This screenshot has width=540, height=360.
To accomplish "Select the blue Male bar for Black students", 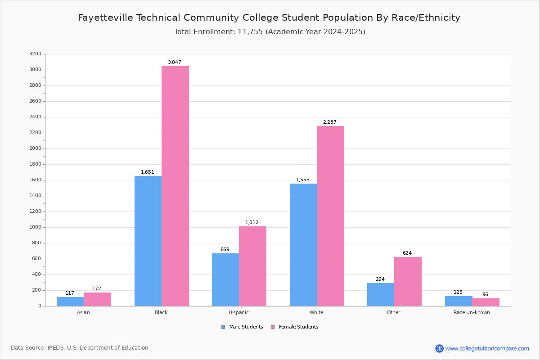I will (x=148, y=241).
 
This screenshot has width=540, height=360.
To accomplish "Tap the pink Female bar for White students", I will (x=330, y=216).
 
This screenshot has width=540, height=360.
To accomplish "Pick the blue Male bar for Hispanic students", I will (x=225, y=279).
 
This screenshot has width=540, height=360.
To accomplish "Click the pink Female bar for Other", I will (x=408, y=281).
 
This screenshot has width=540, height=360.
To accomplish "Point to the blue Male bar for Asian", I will (x=70, y=301).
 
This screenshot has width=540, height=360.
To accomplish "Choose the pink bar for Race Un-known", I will (x=486, y=302).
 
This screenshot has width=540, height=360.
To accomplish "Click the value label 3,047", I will (x=175, y=63).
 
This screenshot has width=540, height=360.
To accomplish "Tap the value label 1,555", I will (x=303, y=180).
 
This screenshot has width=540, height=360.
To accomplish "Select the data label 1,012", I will (x=252, y=223).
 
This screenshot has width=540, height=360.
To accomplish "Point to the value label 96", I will (x=485, y=295).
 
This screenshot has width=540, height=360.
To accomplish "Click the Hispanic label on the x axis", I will (x=238, y=312).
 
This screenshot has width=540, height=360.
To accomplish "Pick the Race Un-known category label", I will (x=472, y=312).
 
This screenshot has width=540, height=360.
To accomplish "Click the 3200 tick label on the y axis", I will (x=35, y=54).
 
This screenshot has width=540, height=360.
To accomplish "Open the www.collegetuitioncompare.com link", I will (x=487, y=348).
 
